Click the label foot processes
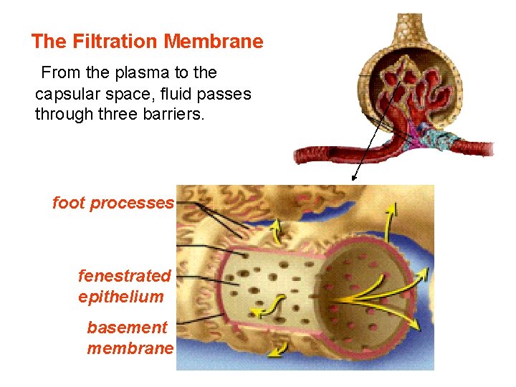113,203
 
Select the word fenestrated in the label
124,276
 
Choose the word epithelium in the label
120,297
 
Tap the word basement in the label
127,328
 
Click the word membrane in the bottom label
130,349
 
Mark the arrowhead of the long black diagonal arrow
353,178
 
